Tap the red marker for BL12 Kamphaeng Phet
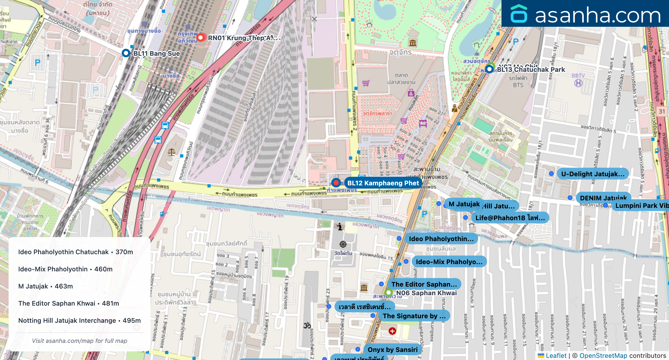(x=336, y=183)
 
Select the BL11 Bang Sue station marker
(x=126, y=53)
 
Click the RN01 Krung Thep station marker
(x=200, y=37)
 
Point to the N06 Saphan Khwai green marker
(x=388, y=292)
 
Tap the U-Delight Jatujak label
(x=593, y=174)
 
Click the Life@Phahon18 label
(x=510, y=218)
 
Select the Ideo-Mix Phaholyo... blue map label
(x=449, y=262)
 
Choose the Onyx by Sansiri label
(x=392, y=350)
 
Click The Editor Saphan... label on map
(x=424, y=284)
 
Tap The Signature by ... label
(x=414, y=316)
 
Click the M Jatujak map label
(x=464, y=204)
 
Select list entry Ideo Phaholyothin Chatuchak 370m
(x=76, y=252)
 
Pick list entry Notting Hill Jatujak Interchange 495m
(x=79, y=320)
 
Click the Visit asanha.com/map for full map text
(x=79, y=341)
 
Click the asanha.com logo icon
(x=519, y=14)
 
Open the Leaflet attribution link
(x=556, y=355)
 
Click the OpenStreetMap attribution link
(x=603, y=355)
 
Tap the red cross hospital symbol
(x=392, y=331)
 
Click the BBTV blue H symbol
(x=578, y=83)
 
